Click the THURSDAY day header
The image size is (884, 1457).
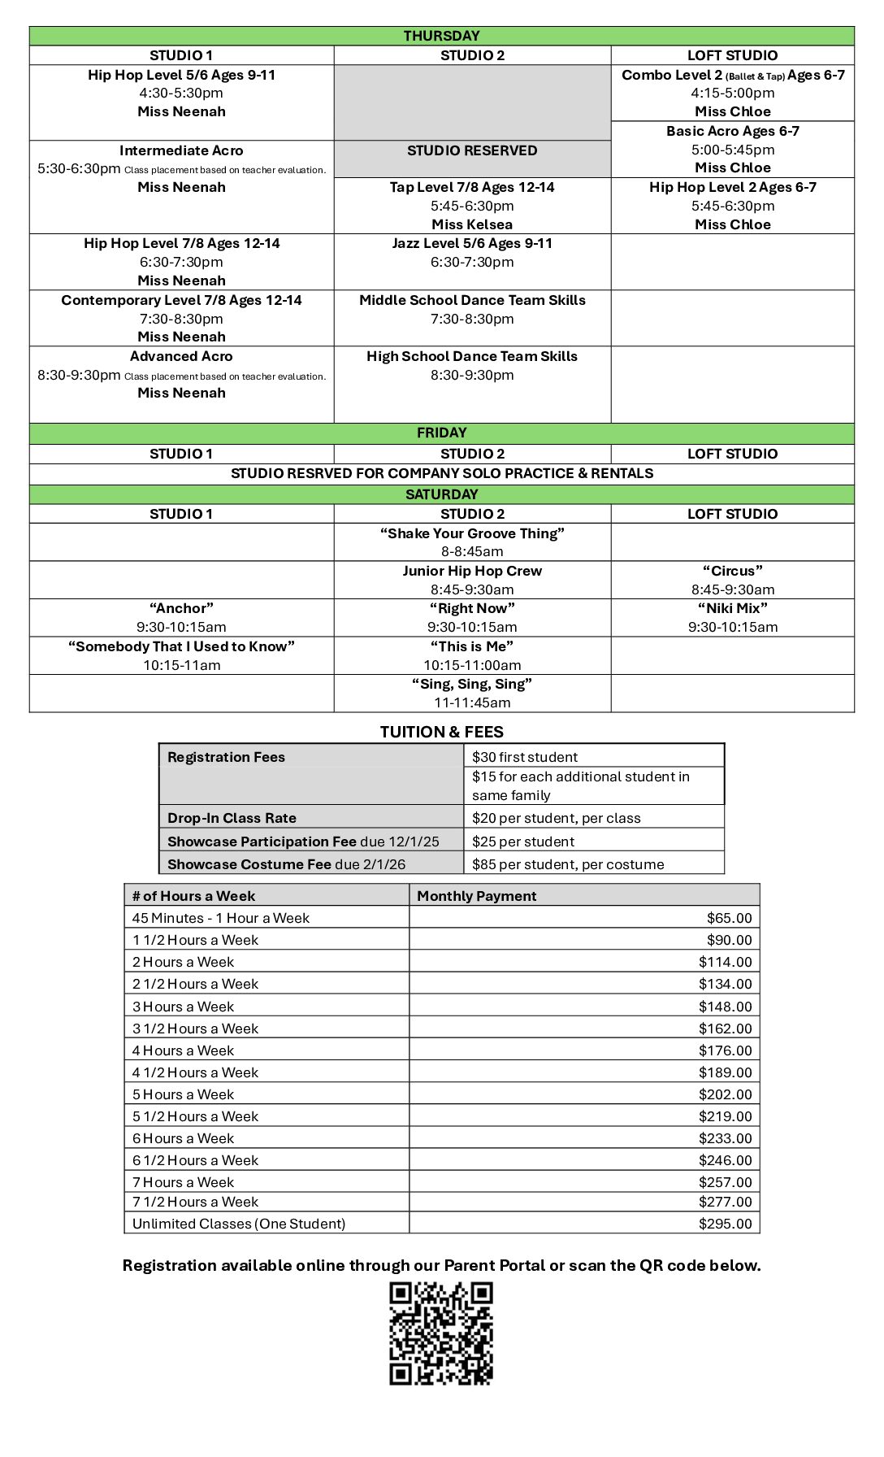coord(441,36)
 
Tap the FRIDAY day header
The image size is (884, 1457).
coord(441,433)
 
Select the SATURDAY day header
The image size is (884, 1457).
coord(441,494)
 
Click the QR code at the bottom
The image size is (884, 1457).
coord(441,1333)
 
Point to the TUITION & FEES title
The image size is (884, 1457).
coord(441,732)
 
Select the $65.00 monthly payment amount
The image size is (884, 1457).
coord(729,918)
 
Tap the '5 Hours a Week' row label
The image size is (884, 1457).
coord(183,1094)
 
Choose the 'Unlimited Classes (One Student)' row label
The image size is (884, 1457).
coord(239,1224)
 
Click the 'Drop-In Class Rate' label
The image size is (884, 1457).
coord(232,818)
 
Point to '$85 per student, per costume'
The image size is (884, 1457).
coord(568,864)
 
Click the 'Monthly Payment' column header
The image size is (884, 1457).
coord(477,896)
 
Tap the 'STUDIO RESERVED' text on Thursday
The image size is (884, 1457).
coord(472,150)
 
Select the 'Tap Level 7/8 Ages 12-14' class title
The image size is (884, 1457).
coord(472,187)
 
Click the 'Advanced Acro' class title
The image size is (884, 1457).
coord(181,356)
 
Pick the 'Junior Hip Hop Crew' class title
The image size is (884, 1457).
coord(472,571)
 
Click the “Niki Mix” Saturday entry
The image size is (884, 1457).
coord(732,608)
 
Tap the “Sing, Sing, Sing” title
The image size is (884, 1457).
coord(472,684)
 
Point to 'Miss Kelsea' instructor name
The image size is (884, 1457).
coord(472,224)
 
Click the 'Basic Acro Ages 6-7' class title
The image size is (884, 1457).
coord(732,131)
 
